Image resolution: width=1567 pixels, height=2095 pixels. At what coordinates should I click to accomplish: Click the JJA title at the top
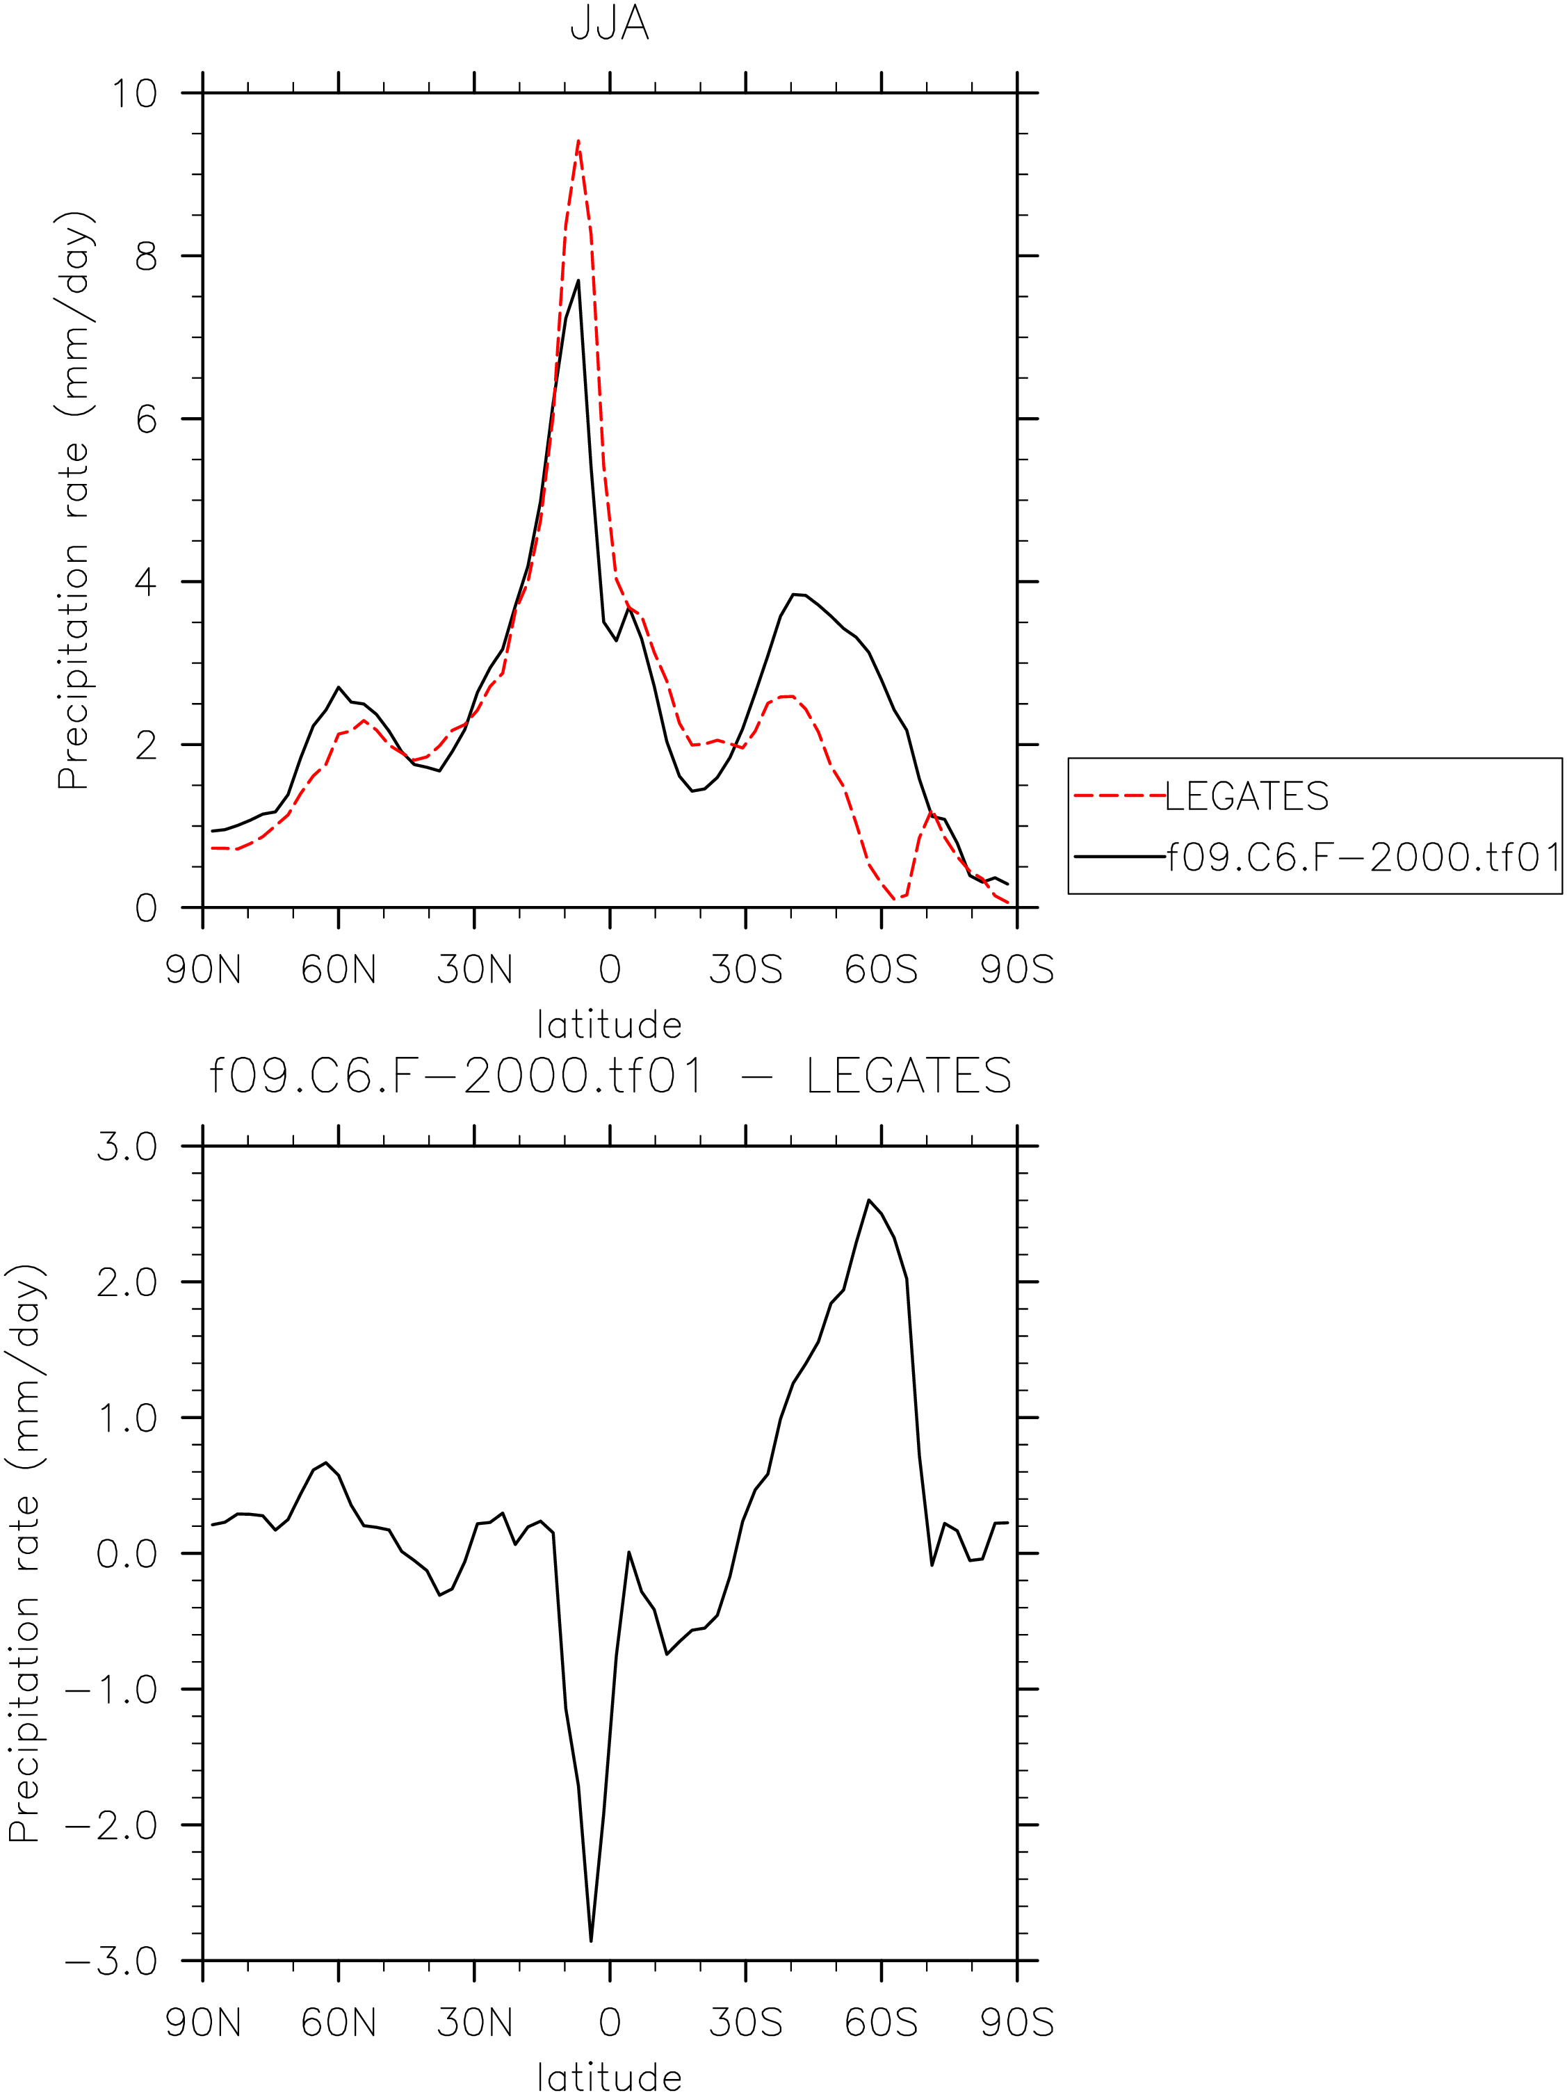(609, 24)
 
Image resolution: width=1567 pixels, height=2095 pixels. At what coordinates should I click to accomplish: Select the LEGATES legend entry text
(1246, 797)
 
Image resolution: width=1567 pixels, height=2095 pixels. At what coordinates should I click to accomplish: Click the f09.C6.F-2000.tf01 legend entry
(1363, 857)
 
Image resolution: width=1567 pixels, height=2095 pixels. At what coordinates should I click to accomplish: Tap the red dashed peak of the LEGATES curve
(578, 141)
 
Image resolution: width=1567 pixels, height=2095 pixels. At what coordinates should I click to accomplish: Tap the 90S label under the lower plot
(1017, 2023)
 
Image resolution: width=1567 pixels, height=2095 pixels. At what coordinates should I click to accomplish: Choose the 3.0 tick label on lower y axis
(127, 1147)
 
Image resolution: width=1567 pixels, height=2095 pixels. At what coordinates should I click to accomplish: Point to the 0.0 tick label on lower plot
(127, 1554)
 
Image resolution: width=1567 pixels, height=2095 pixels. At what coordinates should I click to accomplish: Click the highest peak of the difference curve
(868, 1200)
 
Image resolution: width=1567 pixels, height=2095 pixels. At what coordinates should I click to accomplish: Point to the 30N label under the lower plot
(474, 2023)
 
